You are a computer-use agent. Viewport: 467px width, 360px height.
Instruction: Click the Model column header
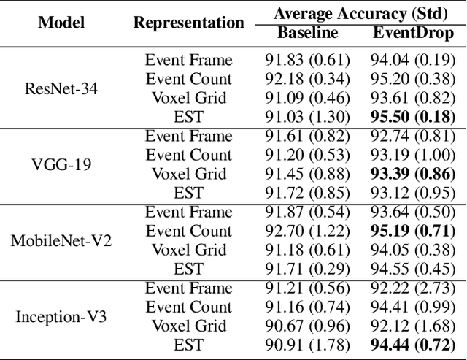click(x=61, y=23)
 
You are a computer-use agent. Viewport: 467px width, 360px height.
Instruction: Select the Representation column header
click(x=188, y=23)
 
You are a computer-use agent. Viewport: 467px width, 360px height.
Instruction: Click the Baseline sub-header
click(x=307, y=33)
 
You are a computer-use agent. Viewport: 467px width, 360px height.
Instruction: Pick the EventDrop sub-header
click(x=413, y=33)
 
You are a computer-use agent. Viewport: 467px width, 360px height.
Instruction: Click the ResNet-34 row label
click(x=61, y=88)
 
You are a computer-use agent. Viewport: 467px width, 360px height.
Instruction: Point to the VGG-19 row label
click(x=61, y=164)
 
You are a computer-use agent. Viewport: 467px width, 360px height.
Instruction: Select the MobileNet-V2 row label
click(x=61, y=240)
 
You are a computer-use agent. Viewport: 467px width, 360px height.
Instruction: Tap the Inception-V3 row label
click(x=61, y=316)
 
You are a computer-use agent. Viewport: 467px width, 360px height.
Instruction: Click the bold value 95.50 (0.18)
click(x=413, y=117)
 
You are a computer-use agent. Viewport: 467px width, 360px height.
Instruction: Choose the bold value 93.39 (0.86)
click(x=413, y=174)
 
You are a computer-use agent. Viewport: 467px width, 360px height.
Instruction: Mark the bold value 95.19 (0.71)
click(x=413, y=231)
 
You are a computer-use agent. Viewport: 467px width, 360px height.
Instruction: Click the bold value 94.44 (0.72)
click(x=413, y=345)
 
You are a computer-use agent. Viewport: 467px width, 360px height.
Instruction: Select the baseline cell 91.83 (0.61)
click(x=307, y=60)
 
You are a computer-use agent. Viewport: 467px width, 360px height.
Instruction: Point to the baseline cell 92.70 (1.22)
click(x=307, y=231)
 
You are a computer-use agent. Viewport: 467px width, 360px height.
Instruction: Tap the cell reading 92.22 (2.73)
click(x=413, y=288)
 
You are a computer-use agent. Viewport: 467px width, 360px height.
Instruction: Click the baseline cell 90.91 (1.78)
click(x=307, y=345)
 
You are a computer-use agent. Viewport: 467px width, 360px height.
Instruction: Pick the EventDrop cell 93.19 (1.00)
click(x=413, y=155)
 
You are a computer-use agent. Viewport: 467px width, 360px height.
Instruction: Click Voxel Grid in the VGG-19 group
click(x=188, y=174)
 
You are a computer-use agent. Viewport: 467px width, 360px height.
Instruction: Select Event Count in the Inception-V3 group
click(x=188, y=307)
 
